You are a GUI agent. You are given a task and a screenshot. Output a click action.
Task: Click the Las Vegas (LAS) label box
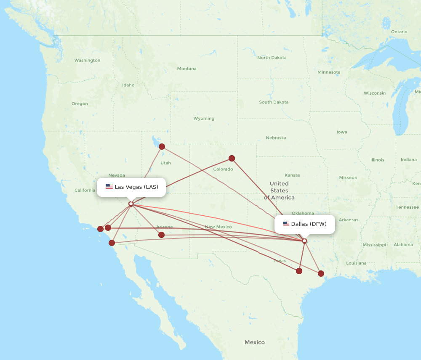131,187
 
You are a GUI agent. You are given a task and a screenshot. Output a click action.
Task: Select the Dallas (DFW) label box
305,224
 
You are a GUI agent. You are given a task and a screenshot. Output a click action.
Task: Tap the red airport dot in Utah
162,146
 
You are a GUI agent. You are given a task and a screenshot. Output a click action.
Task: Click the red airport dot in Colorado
232,159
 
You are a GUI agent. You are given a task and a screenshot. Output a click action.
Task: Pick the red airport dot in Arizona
161,235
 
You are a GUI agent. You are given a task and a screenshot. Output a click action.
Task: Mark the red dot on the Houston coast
321,273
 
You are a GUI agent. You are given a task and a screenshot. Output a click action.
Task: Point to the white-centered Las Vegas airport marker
131,204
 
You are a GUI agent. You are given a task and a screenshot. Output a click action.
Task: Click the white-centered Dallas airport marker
304,241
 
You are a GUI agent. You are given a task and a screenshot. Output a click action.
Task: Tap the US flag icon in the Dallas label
286,224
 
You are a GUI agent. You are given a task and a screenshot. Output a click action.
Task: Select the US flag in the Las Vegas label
109,187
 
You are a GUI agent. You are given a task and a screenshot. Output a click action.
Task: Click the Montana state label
187,69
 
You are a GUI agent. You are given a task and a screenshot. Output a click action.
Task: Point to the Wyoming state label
204,119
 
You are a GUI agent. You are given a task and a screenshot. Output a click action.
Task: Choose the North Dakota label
272,58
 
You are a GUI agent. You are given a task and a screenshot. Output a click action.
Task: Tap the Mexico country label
255,342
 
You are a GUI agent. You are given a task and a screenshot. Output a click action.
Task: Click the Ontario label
399,32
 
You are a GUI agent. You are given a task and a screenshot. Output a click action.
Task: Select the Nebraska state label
276,138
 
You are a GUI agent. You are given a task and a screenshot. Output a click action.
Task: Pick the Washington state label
87,61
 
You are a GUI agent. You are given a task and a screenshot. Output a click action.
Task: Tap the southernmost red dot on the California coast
112,243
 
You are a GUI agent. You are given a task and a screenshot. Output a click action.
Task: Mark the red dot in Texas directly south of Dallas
299,271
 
